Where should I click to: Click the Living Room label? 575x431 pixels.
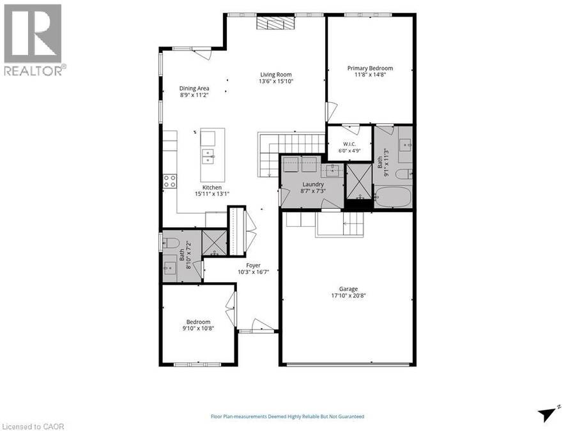point(276,75)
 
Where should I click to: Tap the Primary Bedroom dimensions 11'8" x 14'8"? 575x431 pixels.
point(370,75)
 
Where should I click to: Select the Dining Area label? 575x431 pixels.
point(194,88)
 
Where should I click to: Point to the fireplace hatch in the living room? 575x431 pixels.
point(275,24)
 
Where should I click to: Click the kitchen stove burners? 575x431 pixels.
point(170,181)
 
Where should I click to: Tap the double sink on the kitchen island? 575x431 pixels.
point(208,156)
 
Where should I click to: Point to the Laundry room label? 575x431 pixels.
point(313,185)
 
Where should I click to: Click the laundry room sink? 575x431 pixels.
point(332,170)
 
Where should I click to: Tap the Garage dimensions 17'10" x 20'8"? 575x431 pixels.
point(348,295)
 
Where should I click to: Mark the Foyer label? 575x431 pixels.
point(253,266)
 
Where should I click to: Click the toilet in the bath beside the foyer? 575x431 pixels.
point(171,242)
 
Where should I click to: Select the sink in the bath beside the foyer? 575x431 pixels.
point(170,268)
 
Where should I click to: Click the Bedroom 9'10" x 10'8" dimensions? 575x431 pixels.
point(198,328)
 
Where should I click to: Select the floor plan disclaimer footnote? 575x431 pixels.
point(287,416)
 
